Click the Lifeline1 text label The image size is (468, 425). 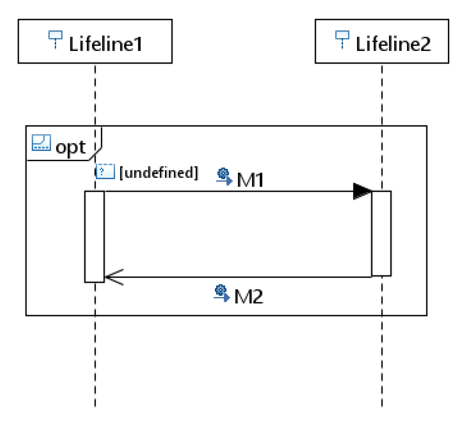(105, 44)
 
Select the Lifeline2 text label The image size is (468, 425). (393, 44)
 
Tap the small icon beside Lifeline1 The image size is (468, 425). (55, 39)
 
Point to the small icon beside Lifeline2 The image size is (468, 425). (342, 39)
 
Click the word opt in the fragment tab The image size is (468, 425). (71, 147)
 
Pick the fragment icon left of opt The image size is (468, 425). (41, 143)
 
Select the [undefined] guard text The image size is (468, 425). (159, 173)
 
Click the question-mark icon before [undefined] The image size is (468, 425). (105, 171)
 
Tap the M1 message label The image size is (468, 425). (250, 180)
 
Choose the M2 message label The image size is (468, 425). (249, 296)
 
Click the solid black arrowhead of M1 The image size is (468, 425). (361, 191)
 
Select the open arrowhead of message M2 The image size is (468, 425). (114, 277)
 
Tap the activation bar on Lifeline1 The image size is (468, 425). (95, 237)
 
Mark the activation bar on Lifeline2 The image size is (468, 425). (381, 233)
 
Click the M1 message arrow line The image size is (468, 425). (227, 191)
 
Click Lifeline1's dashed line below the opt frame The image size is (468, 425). (95, 361)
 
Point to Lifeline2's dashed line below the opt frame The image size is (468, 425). (382, 361)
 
